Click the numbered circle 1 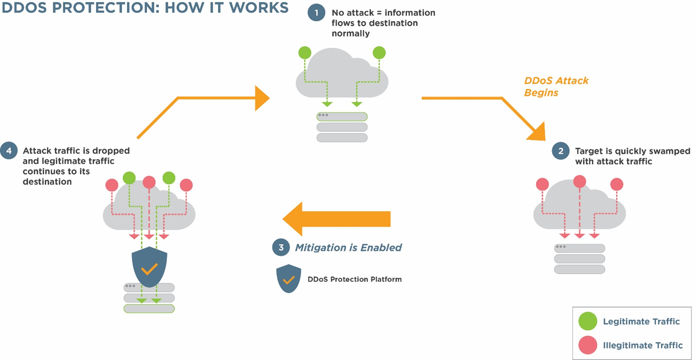click(317, 13)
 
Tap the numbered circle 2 click(561, 151)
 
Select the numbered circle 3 click(281, 247)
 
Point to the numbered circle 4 click(9, 151)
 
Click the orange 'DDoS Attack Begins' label click(556, 87)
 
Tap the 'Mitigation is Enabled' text click(348, 248)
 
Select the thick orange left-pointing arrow click(337, 219)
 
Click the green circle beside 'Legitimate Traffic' click(588, 321)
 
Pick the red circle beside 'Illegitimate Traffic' click(588, 345)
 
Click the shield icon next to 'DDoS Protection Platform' click(288, 279)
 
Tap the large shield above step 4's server click(149, 267)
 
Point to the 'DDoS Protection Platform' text click(354, 279)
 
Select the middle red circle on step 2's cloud click(579, 181)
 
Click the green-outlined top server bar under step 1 click(342, 117)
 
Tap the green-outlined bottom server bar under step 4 click(149, 308)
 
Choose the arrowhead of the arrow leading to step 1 click(262, 98)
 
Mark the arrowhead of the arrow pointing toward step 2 click(538, 133)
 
